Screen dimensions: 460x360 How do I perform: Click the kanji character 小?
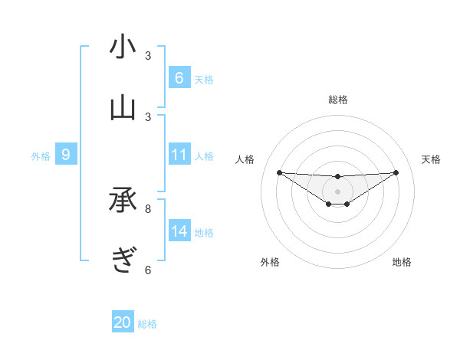123,47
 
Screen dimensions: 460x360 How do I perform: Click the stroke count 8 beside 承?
148,208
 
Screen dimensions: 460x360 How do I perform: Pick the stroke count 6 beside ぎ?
148,269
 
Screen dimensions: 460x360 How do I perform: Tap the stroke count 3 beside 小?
148,55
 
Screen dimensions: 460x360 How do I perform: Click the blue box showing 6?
179,77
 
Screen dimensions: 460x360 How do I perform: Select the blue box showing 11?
179,155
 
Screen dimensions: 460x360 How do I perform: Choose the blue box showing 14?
179,231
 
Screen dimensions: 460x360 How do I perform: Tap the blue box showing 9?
66,155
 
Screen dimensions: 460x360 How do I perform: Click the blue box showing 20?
123,322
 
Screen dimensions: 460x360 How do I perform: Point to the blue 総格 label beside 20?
147,324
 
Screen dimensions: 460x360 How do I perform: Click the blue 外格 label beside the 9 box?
41,156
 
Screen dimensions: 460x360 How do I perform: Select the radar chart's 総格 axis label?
337,100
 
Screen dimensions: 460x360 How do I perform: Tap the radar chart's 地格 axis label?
402,262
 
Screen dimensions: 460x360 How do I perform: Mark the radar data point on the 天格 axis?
396,172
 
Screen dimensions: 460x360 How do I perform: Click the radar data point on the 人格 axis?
279,172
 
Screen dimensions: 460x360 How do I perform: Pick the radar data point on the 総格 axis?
337,177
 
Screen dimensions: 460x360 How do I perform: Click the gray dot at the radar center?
337,191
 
